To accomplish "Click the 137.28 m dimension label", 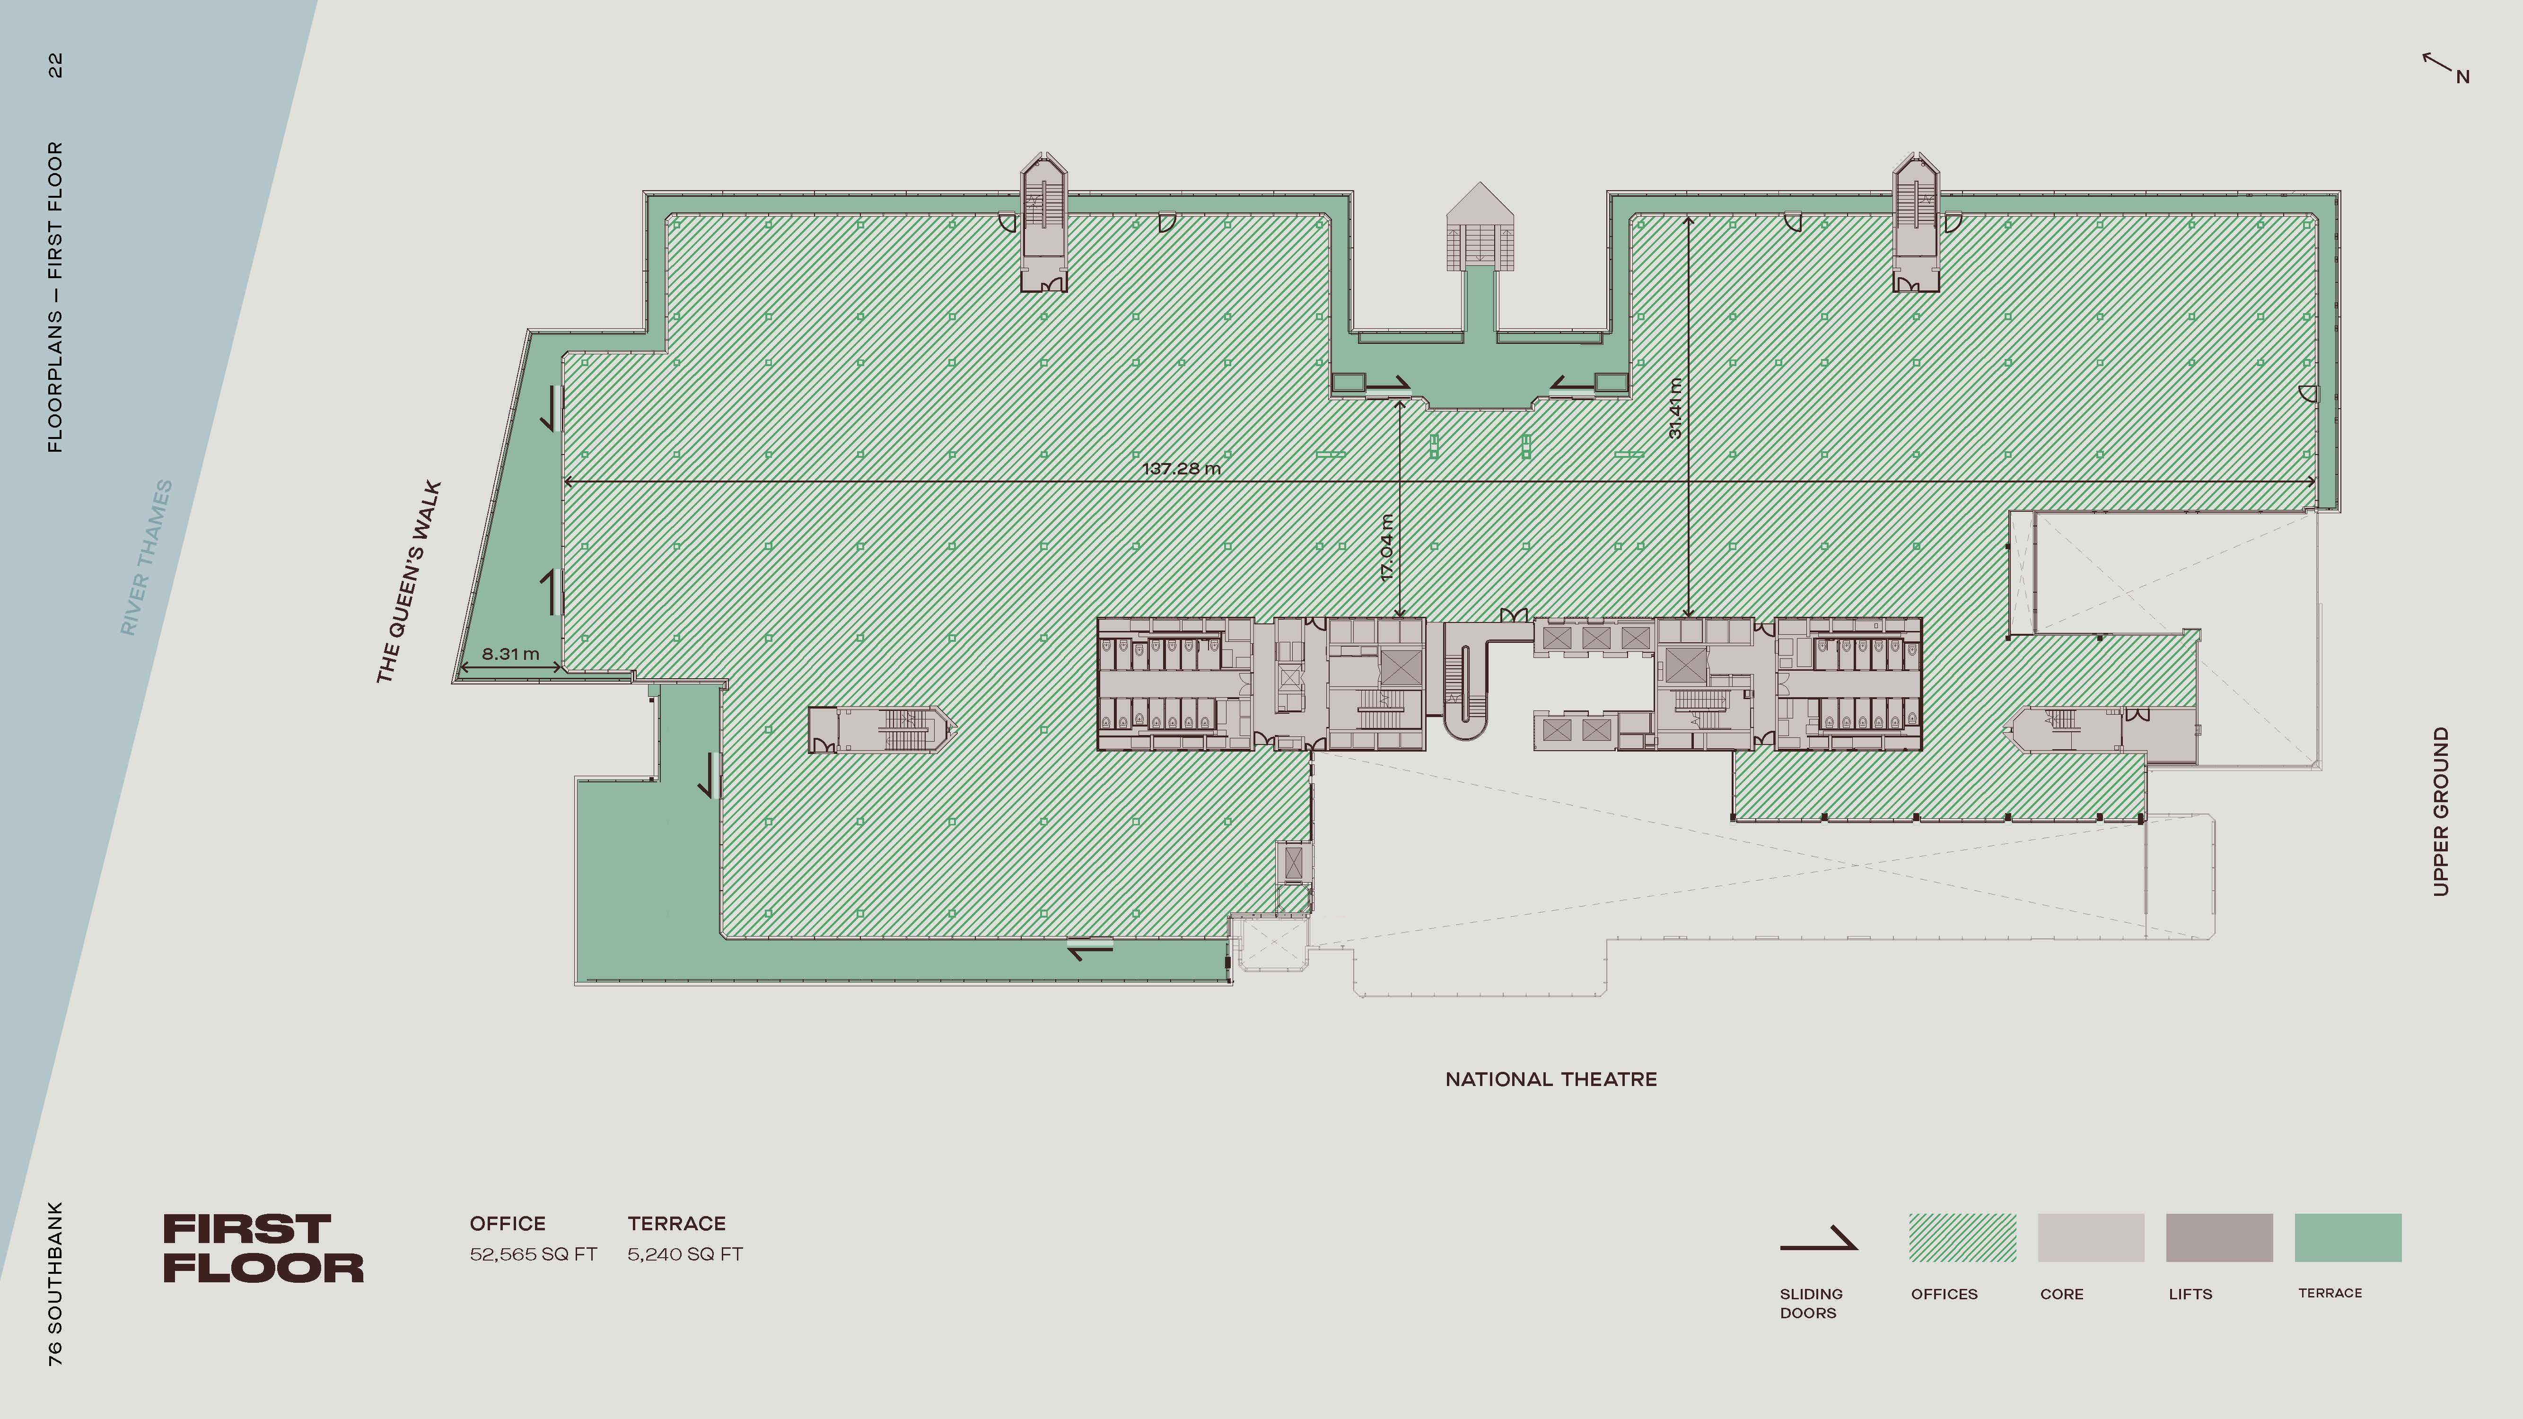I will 1181,468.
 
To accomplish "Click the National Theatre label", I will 1551,1079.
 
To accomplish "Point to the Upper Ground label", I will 2441,811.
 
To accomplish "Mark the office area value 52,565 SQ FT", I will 533,1254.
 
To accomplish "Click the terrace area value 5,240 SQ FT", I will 684,1254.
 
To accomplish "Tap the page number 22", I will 55,66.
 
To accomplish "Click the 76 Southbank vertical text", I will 55,1283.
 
